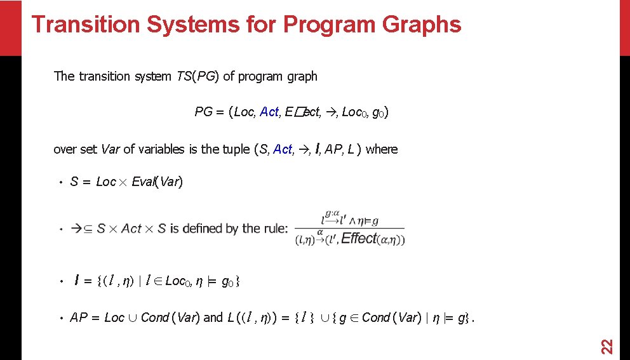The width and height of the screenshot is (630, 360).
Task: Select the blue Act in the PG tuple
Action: pos(269,112)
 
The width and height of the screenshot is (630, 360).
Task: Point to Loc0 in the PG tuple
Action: pos(353,112)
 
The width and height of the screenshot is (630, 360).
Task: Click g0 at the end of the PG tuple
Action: pos(379,113)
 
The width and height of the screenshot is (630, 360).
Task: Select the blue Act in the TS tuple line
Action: pos(283,150)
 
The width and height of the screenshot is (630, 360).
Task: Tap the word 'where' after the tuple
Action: pos(382,150)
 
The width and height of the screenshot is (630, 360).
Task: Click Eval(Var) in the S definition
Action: pos(157,182)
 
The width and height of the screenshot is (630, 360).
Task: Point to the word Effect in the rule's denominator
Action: pos(359,239)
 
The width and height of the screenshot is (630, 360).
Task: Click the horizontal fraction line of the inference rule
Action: pos(349,229)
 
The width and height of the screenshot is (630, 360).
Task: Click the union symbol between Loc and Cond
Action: pos(133,317)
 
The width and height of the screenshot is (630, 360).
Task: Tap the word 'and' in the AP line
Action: pos(213,317)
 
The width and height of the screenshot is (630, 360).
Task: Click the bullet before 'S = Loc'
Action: pos(58,183)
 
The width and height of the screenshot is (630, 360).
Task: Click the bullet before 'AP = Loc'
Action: pos(58,318)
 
